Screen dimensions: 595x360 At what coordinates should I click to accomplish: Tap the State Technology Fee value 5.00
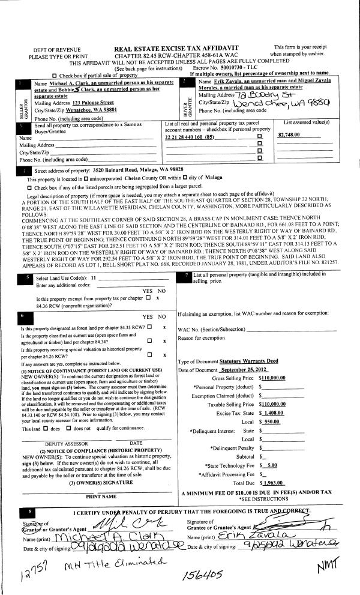(x=271, y=465)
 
